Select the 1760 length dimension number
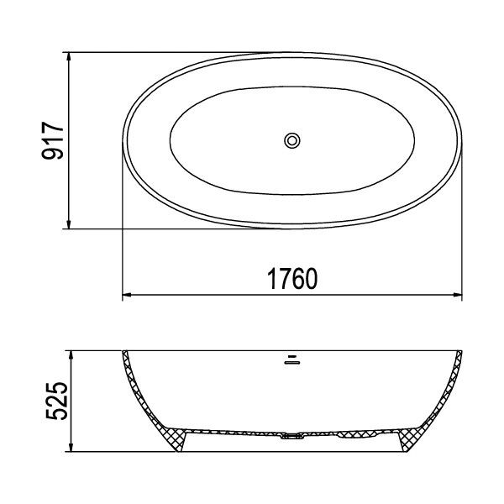[291, 279]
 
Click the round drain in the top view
[292, 140]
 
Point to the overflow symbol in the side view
[291, 362]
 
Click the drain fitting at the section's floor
[291, 436]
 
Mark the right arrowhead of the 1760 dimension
[458, 296]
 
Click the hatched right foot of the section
[412, 439]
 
